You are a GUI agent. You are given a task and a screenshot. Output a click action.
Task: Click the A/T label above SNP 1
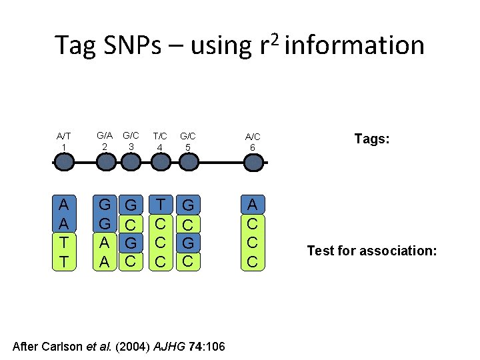click(63, 136)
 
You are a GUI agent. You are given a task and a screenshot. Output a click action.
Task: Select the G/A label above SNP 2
click(105, 135)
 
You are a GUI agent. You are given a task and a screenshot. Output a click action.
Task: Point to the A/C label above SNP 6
click(252, 136)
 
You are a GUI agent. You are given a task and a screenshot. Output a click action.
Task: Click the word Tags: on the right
click(372, 139)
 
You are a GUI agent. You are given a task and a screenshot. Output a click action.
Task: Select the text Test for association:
click(371, 251)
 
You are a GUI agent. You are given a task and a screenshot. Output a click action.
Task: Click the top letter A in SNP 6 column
click(252, 203)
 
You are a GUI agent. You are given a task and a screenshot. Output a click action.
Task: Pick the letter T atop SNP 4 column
click(160, 203)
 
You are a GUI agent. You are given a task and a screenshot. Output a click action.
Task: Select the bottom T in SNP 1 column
click(63, 261)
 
